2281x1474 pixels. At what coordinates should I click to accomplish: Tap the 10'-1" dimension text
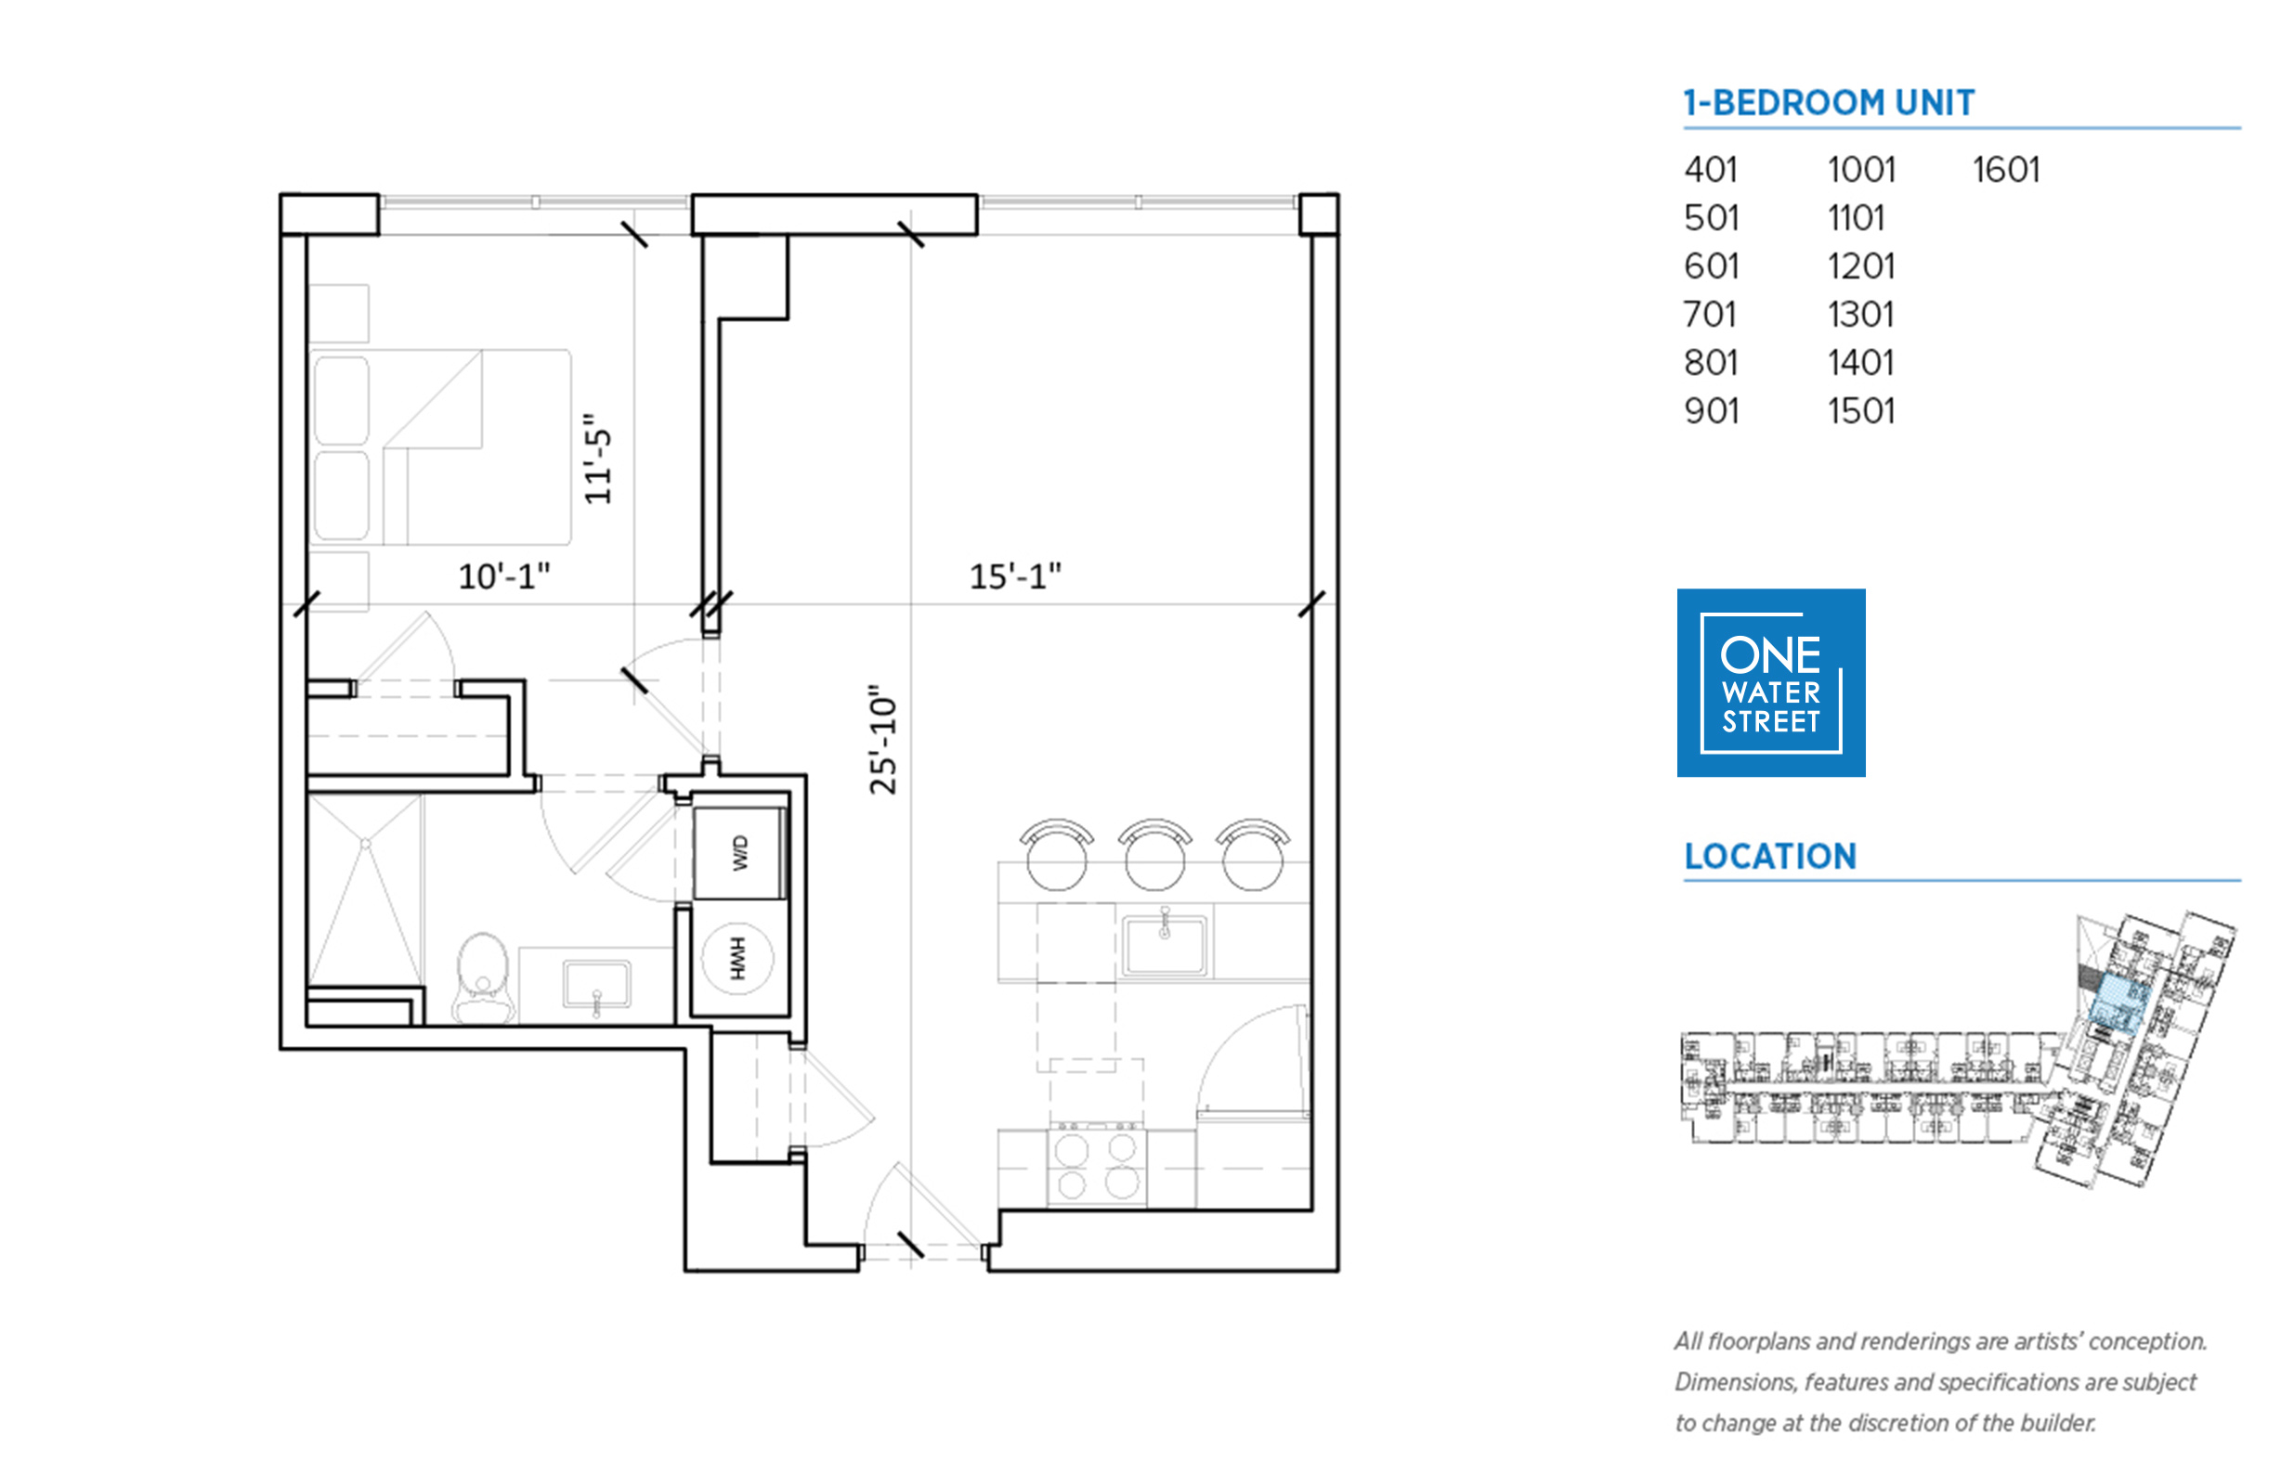point(503,576)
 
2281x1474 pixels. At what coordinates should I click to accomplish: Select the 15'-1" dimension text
point(1015,576)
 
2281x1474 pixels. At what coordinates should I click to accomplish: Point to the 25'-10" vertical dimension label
point(882,740)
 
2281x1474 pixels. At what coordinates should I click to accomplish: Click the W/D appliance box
point(739,853)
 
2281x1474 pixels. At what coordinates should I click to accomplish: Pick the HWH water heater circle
point(736,958)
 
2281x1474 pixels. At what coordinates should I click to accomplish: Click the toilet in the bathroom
point(483,978)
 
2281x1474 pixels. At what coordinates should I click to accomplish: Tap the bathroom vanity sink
point(596,984)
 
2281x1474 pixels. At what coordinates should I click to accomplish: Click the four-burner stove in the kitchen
point(1098,1165)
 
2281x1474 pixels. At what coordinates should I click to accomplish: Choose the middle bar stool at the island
point(1154,854)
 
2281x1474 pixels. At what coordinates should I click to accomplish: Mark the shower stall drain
point(365,843)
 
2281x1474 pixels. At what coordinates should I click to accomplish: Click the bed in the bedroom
point(440,447)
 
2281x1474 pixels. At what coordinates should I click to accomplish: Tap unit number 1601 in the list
point(2005,170)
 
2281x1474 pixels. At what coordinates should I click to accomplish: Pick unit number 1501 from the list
point(1860,410)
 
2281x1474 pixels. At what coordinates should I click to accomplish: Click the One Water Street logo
point(1770,682)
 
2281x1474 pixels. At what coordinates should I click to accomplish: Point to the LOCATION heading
point(1770,856)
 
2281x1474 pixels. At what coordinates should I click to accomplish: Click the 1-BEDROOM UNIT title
point(1829,102)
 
